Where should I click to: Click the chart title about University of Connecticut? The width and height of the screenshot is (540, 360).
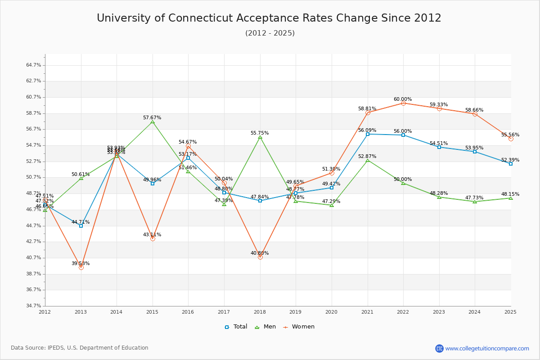pos(269,18)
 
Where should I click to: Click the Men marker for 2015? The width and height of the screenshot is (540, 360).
pos(153,122)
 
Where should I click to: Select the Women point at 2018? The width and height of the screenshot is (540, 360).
pos(260,257)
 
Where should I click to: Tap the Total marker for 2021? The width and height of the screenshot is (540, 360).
pos(368,134)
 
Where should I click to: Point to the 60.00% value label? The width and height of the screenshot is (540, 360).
pos(403,99)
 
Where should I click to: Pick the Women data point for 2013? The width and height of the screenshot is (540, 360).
pos(81,267)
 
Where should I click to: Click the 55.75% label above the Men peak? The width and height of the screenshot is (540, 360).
pos(260,133)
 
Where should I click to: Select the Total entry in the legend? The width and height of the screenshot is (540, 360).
pos(236,327)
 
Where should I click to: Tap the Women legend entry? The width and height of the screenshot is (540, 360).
pos(299,327)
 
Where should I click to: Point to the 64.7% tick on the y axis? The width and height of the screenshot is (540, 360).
pos(34,65)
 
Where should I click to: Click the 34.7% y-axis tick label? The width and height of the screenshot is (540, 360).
pos(34,306)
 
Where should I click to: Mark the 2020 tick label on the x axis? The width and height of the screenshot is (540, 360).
pos(331,312)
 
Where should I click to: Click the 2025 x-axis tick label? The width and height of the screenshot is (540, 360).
pos(510,312)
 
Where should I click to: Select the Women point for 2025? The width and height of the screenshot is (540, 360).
pos(511,139)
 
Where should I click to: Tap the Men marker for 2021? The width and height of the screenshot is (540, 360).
pos(368,160)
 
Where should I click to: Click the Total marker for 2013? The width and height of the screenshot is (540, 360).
pos(81,226)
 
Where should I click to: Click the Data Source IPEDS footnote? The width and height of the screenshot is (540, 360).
pos(80,348)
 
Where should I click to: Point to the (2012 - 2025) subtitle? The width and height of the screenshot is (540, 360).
pos(270,33)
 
